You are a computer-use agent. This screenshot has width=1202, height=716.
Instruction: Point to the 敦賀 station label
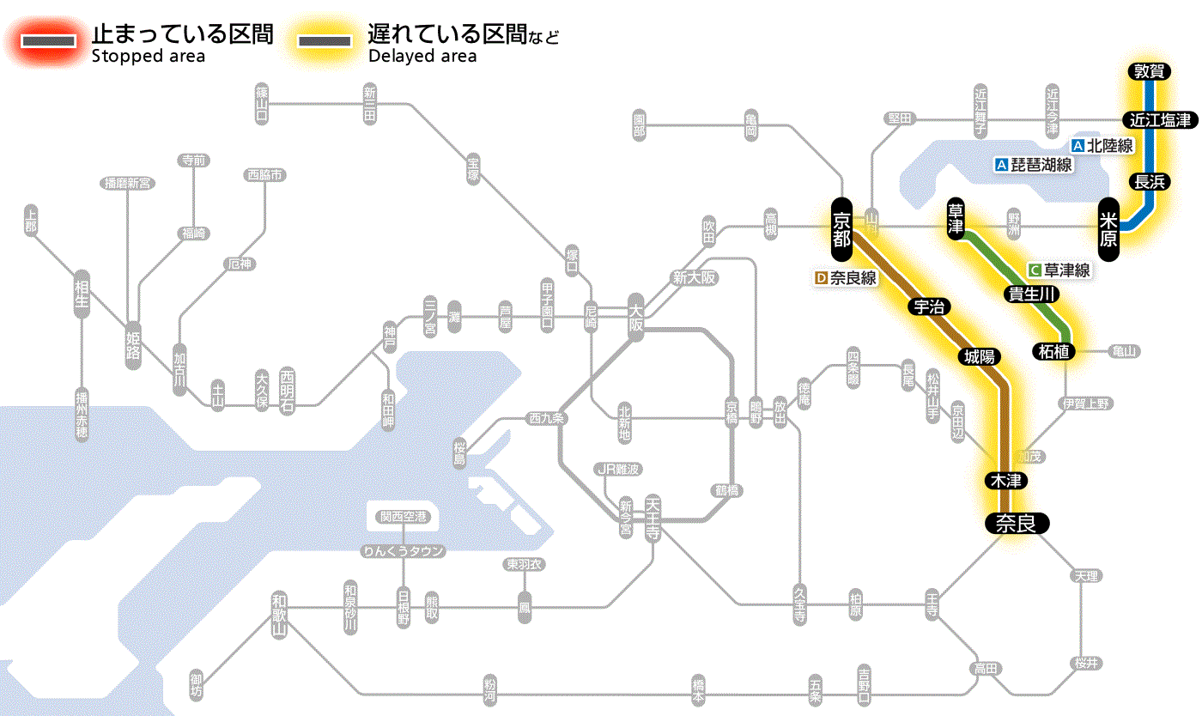[1149, 72]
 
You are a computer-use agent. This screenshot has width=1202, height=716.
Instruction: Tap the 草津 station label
[956, 220]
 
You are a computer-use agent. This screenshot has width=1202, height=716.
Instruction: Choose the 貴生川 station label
[1032, 294]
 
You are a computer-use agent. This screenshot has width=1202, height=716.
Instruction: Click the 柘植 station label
[1053, 351]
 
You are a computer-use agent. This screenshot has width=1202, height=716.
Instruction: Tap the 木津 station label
[1008, 481]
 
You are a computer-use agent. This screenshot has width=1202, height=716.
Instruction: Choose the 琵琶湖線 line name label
[1034, 165]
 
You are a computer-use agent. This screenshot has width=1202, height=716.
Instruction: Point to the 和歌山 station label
[280, 614]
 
